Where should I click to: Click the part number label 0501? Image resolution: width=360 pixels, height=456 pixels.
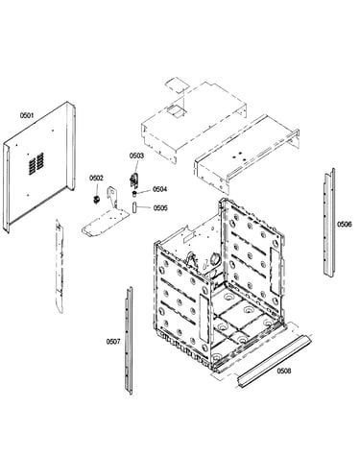pyautogui.click(x=27, y=115)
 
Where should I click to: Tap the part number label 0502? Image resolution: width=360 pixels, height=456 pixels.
pyautogui.click(x=96, y=178)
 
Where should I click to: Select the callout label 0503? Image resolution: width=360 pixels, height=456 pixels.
pyautogui.click(x=136, y=156)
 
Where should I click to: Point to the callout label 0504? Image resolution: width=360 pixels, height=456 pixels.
pyautogui.click(x=159, y=189)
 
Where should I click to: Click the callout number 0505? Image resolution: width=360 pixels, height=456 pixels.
pyautogui.click(x=160, y=208)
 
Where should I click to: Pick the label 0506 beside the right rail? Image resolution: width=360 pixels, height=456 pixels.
pyautogui.click(x=344, y=225)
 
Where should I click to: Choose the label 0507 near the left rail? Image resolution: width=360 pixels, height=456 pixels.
pyautogui.click(x=113, y=342)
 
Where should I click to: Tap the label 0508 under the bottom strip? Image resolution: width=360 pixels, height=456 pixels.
pyautogui.click(x=284, y=371)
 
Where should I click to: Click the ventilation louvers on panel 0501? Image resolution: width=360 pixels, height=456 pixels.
pyautogui.click(x=36, y=163)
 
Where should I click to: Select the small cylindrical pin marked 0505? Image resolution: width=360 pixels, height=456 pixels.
pyautogui.click(x=134, y=207)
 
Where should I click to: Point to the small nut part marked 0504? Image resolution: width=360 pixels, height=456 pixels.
pyautogui.click(x=134, y=193)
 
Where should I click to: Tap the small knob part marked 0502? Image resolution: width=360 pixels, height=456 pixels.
pyautogui.click(x=96, y=200)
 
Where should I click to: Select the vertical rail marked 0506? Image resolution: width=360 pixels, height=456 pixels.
pyautogui.click(x=328, y=222)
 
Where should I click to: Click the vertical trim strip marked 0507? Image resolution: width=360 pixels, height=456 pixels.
pyautogui.click(x=129, y=341)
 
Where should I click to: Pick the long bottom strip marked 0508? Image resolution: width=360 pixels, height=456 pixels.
pyautogui.click(x=274, y=360)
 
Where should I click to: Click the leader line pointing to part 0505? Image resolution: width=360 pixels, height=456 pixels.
pyautogui.click(x=144, y=207)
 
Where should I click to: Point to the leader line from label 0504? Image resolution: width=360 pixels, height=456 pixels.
pyautogui.click(x=144, y=191)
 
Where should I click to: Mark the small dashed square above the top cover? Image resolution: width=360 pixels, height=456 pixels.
pyautogui.click(x=177, y=84)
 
